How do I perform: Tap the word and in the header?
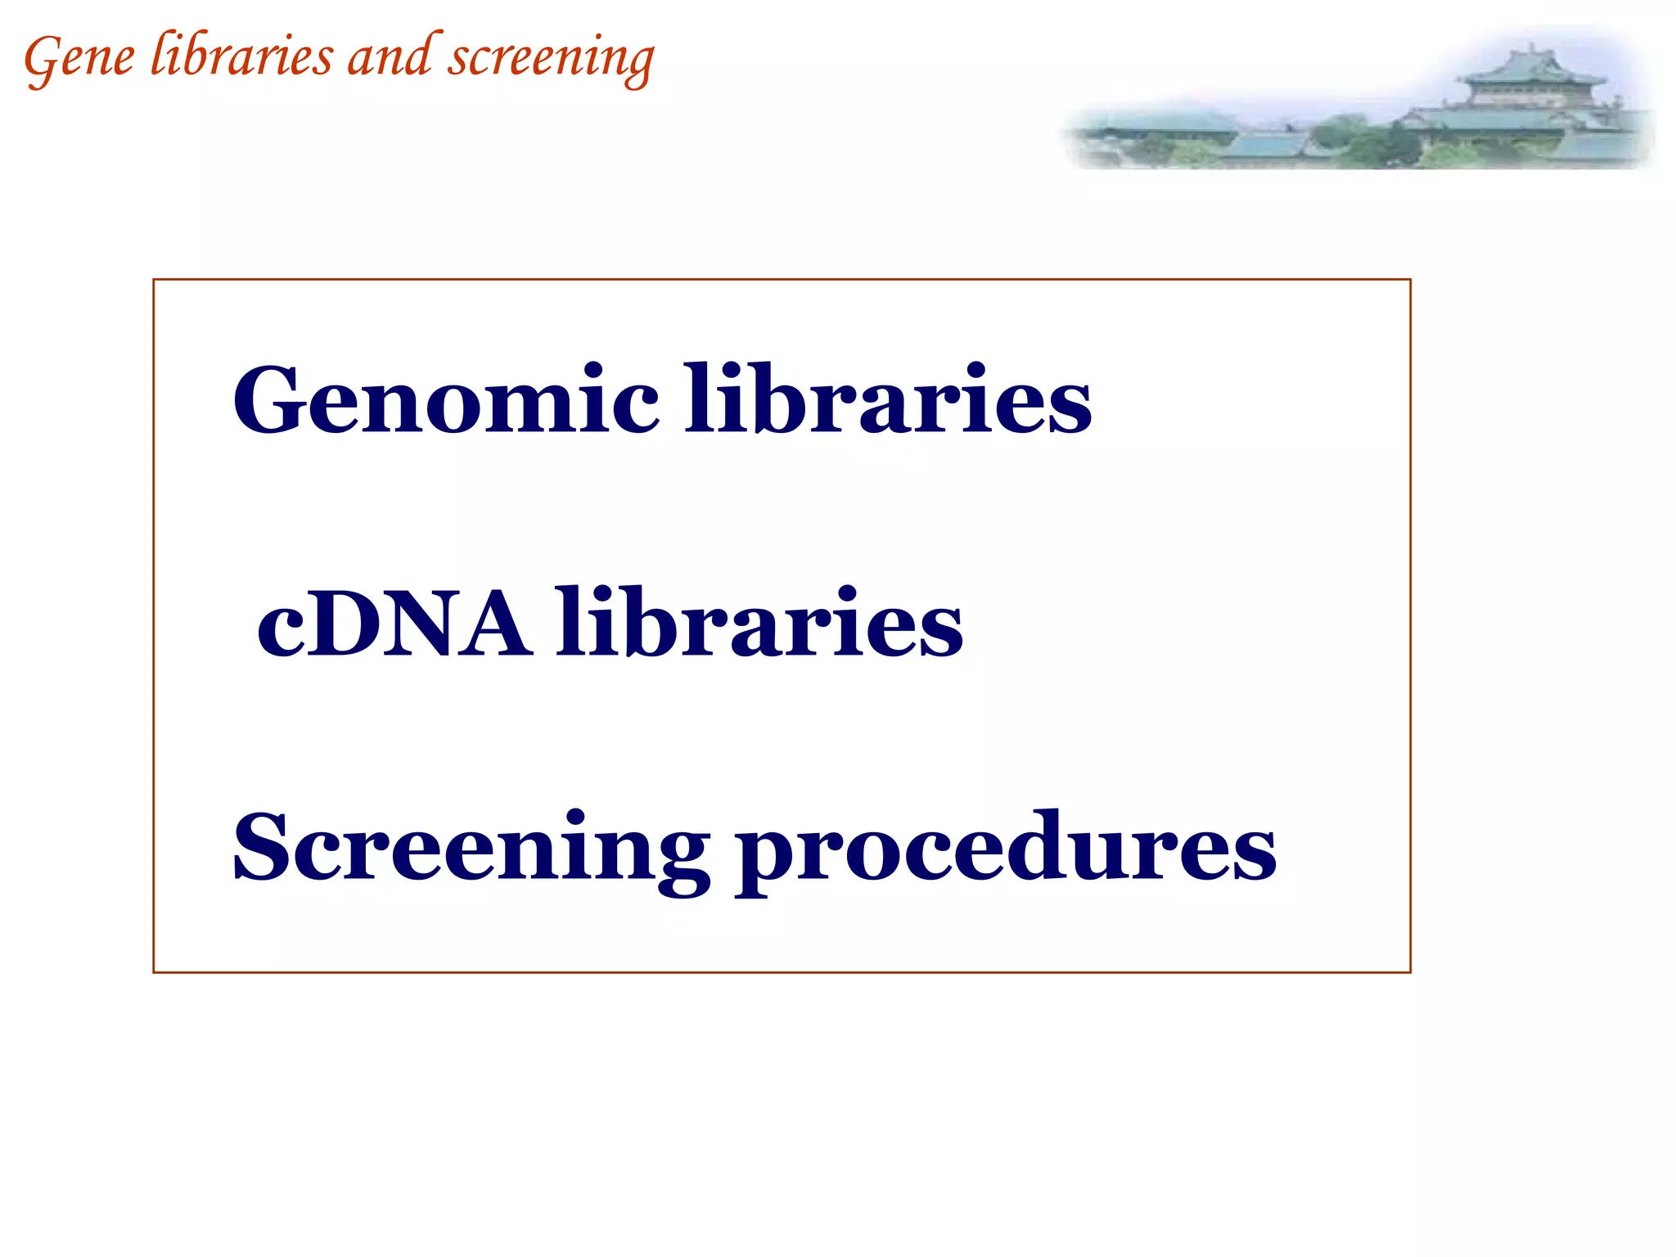point(390,57)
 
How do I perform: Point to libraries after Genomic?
point(888,399)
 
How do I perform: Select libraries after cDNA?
point(759,624)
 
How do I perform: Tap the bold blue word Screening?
point(471,849)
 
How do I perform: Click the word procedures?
point(1005,851)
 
